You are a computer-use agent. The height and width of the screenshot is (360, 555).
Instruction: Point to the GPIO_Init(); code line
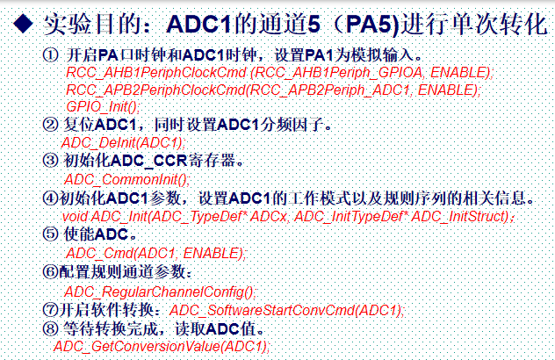point(102,105)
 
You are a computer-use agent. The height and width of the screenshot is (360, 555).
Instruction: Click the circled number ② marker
point(49,124)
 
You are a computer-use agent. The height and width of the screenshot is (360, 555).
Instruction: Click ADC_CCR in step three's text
point(155,161)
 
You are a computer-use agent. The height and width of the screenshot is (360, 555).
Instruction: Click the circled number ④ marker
point(49,198)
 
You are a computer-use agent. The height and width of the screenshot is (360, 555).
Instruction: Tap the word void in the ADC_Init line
point(76,215)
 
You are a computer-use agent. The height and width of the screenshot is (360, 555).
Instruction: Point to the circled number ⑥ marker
point(49,271)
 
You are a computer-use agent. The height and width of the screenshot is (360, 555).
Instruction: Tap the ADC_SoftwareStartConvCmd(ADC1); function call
point(286,310)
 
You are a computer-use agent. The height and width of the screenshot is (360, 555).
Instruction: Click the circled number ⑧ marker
point(49,329)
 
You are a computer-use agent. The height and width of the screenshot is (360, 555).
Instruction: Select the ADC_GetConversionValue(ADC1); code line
point(162,347)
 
